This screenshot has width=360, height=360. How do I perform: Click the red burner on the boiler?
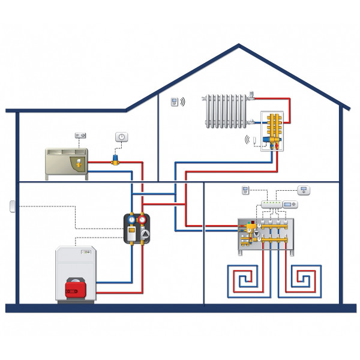74,286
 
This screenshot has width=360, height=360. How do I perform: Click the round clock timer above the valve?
121,137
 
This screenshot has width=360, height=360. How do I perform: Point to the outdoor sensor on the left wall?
11,206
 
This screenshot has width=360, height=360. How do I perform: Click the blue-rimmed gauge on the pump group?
131,219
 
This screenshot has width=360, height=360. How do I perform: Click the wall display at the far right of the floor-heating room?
305,190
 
